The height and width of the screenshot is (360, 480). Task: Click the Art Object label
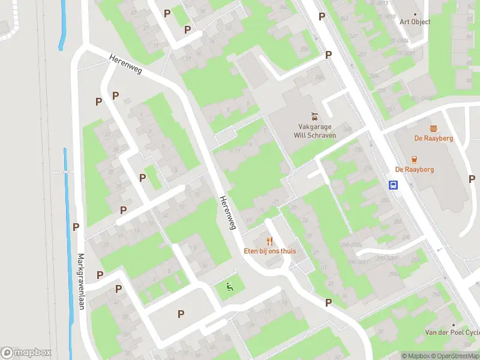(415, 22)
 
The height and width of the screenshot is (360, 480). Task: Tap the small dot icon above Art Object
(415, 13)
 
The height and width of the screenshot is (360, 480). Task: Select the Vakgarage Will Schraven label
(314, 131)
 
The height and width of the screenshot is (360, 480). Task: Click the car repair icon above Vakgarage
(314, 116)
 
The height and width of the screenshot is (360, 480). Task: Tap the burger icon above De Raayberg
(433, 128)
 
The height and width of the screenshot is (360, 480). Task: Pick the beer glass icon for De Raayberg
(414, 160)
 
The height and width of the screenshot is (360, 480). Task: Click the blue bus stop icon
(394, 185)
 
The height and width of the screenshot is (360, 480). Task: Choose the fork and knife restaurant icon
(269, 241)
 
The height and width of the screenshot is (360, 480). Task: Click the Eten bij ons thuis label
(269, 251)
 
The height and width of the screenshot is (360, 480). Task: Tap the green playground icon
(229, 287)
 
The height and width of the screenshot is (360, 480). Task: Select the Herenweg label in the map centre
(227, 214)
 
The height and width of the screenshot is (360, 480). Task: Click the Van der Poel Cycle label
(452, 332)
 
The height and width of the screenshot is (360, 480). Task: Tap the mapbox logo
(26, 353)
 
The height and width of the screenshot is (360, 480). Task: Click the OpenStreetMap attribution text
(454, 356)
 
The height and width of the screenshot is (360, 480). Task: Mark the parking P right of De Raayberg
(472, 179)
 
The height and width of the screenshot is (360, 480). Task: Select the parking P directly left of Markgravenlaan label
(76, 227)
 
